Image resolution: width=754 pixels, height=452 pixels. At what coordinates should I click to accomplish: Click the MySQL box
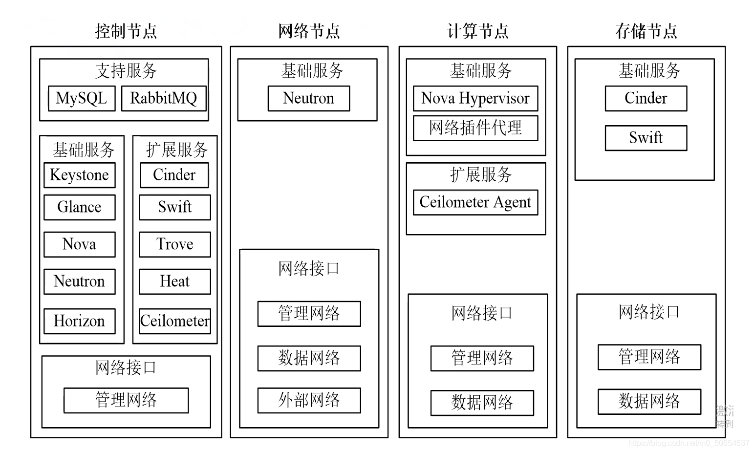click(82, 98)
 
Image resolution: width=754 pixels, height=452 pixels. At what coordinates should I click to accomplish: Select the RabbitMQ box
click(163, 98)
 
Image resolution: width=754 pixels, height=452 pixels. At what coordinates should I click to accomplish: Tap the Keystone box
click(80, 175)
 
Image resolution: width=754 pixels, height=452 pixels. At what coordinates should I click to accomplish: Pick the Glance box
click(80, 207)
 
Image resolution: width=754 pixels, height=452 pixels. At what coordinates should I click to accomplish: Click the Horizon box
click(80, 321)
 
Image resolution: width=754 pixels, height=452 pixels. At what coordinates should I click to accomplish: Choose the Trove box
click(175, 244)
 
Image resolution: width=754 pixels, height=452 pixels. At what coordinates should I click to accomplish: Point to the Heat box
click(175, 281)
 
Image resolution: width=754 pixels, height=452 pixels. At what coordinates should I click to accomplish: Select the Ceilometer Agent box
click(475, 202)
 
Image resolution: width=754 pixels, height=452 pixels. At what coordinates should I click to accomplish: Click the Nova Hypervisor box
click(475, 98)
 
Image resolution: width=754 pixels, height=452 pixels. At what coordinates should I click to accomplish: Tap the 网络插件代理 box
click(475, 128)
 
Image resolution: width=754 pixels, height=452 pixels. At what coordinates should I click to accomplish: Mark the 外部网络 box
click(309, 400)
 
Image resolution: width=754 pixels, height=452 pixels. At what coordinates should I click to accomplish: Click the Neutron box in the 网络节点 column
click(309, 98)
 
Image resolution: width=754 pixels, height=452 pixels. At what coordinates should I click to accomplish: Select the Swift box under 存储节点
click(646, 138)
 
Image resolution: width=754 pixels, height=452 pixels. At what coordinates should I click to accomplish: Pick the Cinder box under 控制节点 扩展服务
click(174, 175)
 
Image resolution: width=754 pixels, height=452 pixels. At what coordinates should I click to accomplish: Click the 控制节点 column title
click(126, 31)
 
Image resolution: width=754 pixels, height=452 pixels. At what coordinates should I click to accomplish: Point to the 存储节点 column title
click(646, 31)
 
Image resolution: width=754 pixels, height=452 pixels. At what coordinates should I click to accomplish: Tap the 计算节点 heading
click(477, 31)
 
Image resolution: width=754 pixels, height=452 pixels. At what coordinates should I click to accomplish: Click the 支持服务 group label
click(126, 71)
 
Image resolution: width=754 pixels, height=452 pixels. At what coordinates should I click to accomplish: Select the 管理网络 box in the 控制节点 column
click(126, 400)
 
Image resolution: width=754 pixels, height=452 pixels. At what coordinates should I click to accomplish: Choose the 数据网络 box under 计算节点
click(482, 403)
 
